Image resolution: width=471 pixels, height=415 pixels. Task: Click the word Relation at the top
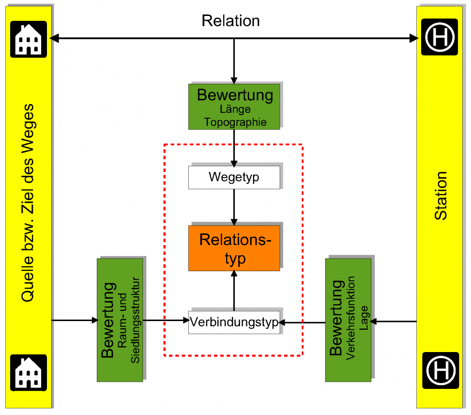click(230, 21)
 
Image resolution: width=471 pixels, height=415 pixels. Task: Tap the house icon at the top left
click(29, 39)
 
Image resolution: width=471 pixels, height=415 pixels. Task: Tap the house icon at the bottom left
click(29, 372)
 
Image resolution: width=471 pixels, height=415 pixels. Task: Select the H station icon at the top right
click(440, 37)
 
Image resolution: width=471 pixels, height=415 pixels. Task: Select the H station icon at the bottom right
click(440, 370)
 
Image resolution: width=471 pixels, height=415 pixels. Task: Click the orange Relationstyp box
click(234, 248)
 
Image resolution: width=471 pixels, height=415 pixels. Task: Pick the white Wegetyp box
click(234, 177)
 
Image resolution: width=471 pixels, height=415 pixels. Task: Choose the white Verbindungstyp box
click(234, 322)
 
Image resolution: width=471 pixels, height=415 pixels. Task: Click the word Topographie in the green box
click(235, 122)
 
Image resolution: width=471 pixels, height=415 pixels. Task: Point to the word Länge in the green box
click(235, 110)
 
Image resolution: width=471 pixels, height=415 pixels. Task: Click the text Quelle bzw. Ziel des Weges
click(28, 203)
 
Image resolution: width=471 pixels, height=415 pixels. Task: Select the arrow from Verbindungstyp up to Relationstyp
click(234, 291)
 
